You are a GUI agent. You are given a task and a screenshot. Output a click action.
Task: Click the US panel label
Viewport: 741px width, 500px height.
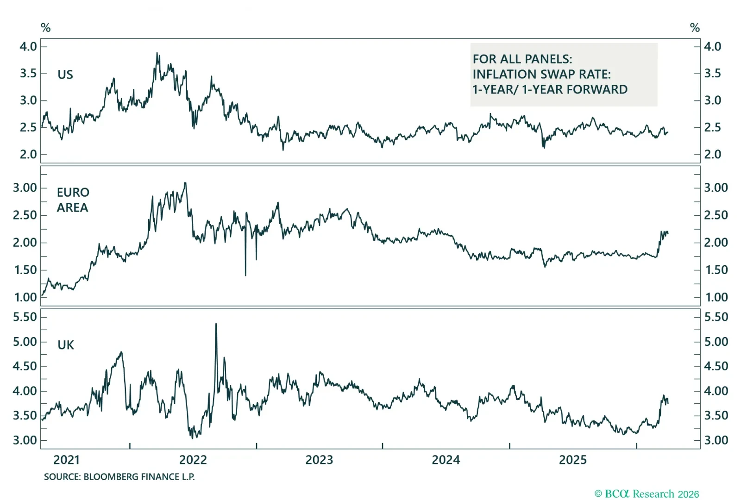coord(65,75)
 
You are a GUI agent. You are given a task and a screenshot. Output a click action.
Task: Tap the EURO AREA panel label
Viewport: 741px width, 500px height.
coord(73,200)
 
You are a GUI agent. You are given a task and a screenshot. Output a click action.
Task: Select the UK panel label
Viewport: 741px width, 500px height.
coord(66,345)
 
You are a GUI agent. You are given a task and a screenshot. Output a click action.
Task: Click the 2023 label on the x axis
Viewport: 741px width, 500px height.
coord(319,460)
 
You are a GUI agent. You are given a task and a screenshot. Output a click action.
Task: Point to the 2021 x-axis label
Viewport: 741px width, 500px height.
coord(66,460)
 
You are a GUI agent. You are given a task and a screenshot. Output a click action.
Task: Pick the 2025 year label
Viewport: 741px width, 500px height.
coord(572,460)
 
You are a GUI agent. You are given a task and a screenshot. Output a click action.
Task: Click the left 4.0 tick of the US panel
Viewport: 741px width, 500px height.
coord(28,46)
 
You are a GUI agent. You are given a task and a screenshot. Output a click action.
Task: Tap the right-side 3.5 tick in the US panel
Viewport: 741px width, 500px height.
coord(712,73)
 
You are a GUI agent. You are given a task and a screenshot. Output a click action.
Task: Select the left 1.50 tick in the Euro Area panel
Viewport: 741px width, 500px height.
coord(25,270)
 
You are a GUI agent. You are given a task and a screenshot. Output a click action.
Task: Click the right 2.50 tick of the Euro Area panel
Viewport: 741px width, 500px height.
coord(716,215)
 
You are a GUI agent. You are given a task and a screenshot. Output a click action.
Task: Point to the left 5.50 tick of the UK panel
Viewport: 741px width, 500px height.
coord(25,317)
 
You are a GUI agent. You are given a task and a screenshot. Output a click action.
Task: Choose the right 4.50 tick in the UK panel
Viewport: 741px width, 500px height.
coord(716,366)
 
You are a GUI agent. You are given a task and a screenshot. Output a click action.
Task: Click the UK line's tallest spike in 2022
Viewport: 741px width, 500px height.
coord(216,325)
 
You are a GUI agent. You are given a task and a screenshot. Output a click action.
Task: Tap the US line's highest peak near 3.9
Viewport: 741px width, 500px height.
coord(157,54)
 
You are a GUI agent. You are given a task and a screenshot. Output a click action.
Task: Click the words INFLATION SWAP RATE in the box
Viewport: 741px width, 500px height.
coord(541,74)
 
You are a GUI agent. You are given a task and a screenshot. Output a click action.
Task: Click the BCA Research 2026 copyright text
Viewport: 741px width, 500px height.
coord(647,494)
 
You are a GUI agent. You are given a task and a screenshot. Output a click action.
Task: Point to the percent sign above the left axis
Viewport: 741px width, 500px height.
coord(45,28)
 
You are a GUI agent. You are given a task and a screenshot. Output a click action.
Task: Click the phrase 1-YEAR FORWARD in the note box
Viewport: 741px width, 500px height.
coord(575,89)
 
